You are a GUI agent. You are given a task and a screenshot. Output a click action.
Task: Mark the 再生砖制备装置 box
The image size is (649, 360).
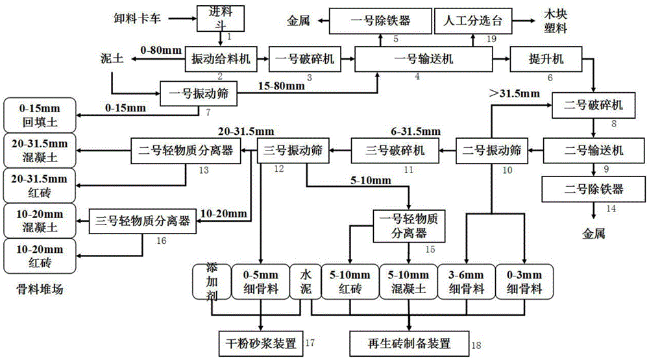click(x=409, y=341)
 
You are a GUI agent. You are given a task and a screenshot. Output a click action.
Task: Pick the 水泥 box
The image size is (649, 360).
click(x=302, y=282)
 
